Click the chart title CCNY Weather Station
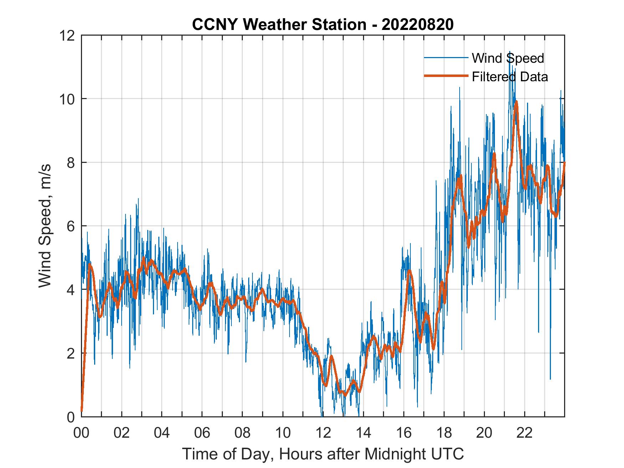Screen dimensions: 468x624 (279, 25)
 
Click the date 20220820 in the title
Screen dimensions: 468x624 (418, 25)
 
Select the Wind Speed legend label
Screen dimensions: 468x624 (508, 58)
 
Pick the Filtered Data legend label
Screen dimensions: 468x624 (510, 77)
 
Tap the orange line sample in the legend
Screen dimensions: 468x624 (446, 76)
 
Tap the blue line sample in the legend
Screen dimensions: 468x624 (446, 58)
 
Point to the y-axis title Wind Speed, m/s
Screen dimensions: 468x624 (45, 226)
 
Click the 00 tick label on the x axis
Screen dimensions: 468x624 (81, 433)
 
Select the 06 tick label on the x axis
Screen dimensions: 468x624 (202, 433)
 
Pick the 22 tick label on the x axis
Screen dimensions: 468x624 (525, 433)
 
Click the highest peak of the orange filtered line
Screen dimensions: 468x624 (516, 102)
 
